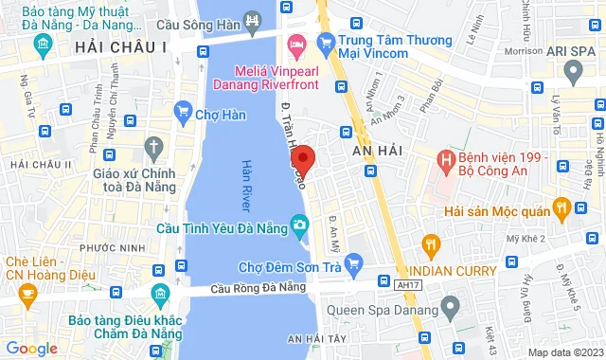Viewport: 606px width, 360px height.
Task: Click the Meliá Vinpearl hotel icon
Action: pyautogui.click(x=295, y=42)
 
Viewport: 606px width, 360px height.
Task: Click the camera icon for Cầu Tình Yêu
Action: pyautogui.click(x=300, y=225)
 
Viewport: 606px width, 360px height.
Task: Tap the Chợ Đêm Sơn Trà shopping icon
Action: pyautogui.click(x=354, y=261)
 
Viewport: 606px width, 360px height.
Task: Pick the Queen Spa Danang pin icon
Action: pyautogui.click(x=450, y=308)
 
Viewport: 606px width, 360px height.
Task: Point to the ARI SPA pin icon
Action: pyautogui.click(x=572, y=68)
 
